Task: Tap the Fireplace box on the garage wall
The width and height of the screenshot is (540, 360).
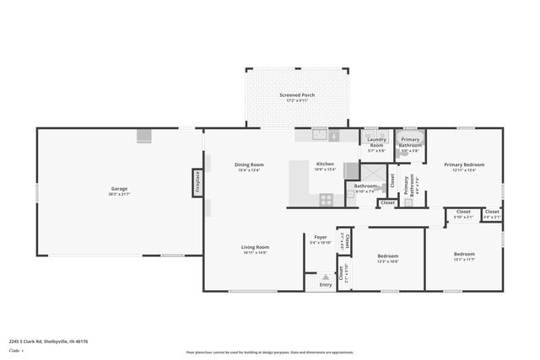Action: [198, 181]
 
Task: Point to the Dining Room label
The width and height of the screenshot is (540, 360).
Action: [249, 167]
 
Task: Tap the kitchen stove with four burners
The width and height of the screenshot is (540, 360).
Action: [327, 200]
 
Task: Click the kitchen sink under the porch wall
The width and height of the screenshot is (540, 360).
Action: [320, 134]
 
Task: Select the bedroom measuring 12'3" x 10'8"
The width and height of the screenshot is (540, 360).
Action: [387, 258]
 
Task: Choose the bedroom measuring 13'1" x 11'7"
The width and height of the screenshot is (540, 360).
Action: [464, 256]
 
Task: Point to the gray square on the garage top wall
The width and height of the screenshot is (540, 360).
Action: [144, 135]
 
